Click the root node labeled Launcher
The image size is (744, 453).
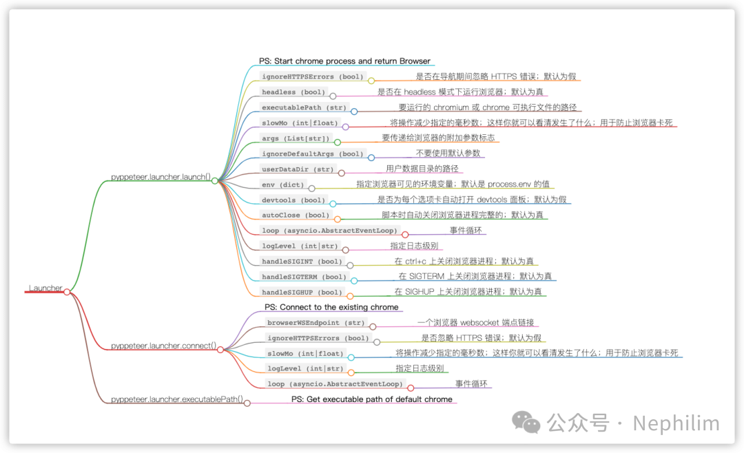click(45, 288)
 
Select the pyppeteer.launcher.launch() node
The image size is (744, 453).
click(161, 177)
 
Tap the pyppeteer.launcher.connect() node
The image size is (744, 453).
click(164, 346)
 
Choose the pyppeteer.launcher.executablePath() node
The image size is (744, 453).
click(177, 399)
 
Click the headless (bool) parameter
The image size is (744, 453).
click(293, 92)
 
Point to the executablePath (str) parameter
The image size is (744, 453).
click(304, 107)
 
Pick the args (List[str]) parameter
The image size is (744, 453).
click(296, 138)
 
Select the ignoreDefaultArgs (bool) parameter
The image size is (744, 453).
click(313, 154)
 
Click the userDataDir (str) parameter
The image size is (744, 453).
click(298, 169)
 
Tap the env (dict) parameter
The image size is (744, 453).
click(283, 185)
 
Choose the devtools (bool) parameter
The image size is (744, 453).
click(293, 200)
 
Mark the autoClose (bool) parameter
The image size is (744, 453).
click(296, 215)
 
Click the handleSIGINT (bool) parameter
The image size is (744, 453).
click(302, 262)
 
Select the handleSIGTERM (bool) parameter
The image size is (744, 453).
click(304, 277)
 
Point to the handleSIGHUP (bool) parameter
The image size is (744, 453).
click(302, 292)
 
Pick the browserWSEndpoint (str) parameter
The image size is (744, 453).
click(316, 323)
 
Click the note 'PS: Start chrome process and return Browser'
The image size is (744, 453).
click(344, 61)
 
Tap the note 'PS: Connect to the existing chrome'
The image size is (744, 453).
click(331, 307)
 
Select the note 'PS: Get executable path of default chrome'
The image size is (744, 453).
click(371, 399)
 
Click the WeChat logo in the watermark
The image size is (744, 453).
click(526, 423)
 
